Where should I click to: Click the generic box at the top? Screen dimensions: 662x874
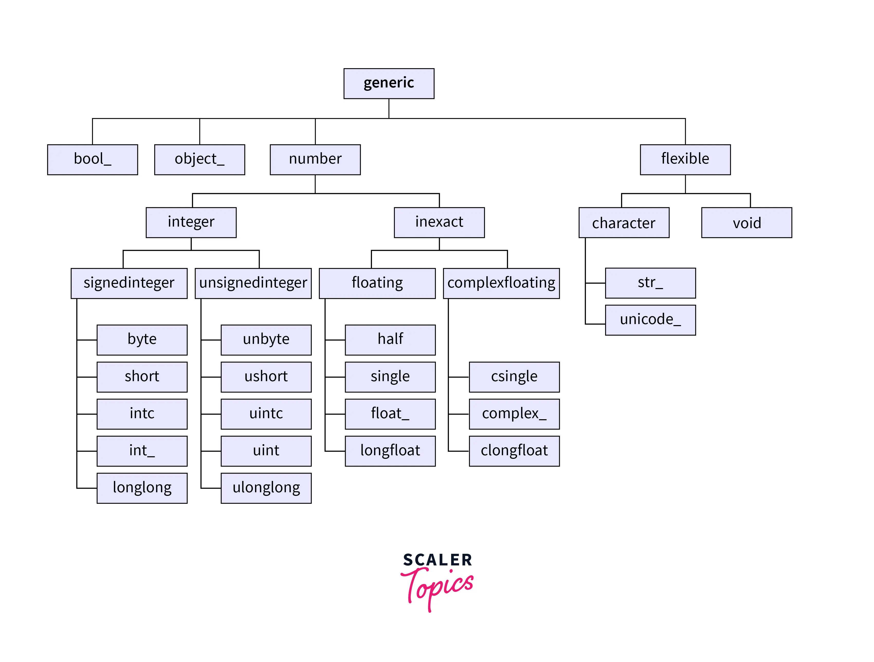coord(389,83)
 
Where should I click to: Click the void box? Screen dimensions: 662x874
coord(746,222)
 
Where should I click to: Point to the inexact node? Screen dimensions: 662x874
coord(439,222)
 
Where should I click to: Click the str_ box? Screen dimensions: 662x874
coord(650,283)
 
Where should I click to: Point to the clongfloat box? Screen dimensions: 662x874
coord(514,451)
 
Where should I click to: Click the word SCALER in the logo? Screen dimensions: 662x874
coord(438,560)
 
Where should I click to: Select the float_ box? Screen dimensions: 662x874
coord(390,414)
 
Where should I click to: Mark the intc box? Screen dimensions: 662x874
coord(142,414)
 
